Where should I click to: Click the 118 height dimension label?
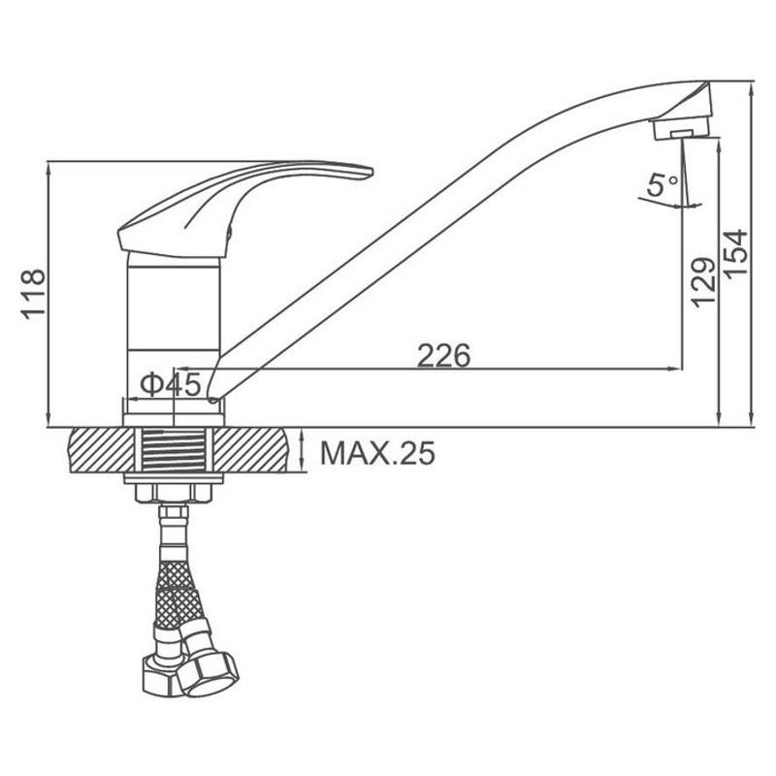tap(34, 295)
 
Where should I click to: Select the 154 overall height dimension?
tap(735, 253)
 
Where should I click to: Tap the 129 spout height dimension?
tap(703, 282)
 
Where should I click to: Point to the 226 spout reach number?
tap(443, 355)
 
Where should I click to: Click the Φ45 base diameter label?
tap(171, 384)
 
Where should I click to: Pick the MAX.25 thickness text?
tap(377, 453)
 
